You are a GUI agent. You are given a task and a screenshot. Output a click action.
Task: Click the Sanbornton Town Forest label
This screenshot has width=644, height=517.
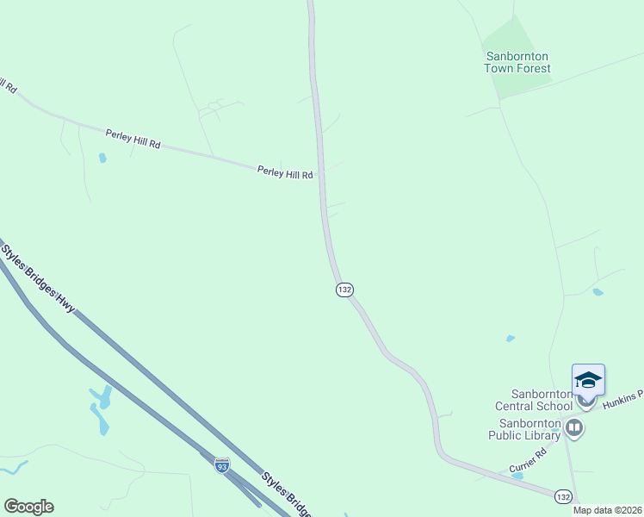(517, 62)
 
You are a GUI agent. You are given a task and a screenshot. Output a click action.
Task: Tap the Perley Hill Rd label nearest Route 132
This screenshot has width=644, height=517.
(285, 173)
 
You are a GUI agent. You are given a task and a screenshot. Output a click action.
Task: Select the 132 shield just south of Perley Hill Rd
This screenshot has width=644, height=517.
(344, 290)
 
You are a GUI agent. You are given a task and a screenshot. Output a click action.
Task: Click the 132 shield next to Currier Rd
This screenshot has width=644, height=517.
(563, 496)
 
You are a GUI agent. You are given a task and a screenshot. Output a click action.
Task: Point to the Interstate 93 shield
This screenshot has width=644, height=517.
(222, 465)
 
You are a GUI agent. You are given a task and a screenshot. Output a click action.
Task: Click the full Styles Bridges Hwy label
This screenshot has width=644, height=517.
(38, 276)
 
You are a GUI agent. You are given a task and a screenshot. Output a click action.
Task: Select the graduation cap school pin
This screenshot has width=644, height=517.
(588, 380)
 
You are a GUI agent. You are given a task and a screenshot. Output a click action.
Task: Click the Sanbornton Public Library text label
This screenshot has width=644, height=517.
(529, 429)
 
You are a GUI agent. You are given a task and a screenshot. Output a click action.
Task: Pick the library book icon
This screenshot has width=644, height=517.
(573, 427)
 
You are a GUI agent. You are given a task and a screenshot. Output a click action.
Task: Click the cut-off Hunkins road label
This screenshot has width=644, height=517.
(625, 396)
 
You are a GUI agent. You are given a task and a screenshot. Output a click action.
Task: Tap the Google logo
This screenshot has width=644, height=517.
(28, 507)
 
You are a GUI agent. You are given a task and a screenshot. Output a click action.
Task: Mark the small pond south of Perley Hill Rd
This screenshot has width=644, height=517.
(102, 158)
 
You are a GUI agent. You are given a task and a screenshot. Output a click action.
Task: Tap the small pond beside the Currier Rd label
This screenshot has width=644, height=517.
(517, 476)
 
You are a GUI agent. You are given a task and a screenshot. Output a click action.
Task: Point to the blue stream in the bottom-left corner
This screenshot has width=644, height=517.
(12, 468)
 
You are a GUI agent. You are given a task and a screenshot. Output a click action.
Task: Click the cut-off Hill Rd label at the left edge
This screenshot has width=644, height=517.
(8, 85)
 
